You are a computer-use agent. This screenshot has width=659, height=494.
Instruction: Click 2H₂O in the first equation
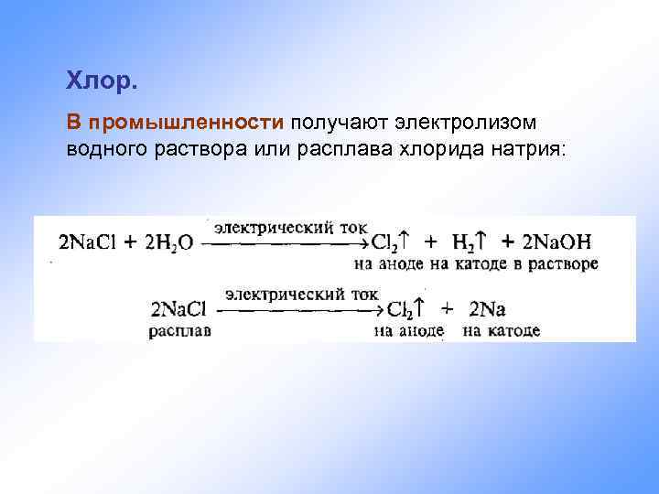pos(169,243)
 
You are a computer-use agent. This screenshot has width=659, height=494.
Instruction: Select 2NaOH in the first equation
pos(557,242)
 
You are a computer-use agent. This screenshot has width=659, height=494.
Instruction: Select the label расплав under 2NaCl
pos(179,330)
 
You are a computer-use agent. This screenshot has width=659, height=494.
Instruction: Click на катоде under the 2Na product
pos(501,330)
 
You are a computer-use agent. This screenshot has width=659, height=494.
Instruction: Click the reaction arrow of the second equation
pos(302,311)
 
